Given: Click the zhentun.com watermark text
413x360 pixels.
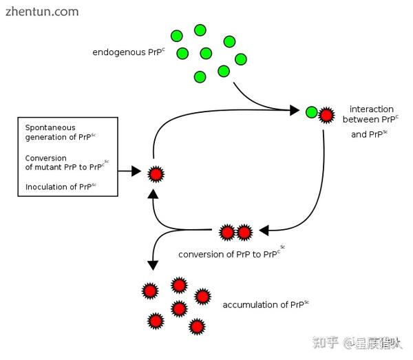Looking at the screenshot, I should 41,12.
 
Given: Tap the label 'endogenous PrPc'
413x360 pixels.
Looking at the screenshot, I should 129,52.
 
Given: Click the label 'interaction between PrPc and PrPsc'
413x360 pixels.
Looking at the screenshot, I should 371,121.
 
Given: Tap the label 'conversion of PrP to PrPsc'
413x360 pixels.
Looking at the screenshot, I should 231,253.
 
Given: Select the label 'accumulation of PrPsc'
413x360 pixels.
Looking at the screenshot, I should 266,304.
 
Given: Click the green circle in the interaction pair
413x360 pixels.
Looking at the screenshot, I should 311,112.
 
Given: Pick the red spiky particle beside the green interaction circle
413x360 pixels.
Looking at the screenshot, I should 326,112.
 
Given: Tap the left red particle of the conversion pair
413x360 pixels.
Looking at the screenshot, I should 228,233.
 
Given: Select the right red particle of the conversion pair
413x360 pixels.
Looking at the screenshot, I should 244,233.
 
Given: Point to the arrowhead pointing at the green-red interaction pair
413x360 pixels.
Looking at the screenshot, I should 295,110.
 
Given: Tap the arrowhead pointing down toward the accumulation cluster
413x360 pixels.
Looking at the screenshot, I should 152,265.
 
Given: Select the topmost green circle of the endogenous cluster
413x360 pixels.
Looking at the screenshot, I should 200,30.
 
